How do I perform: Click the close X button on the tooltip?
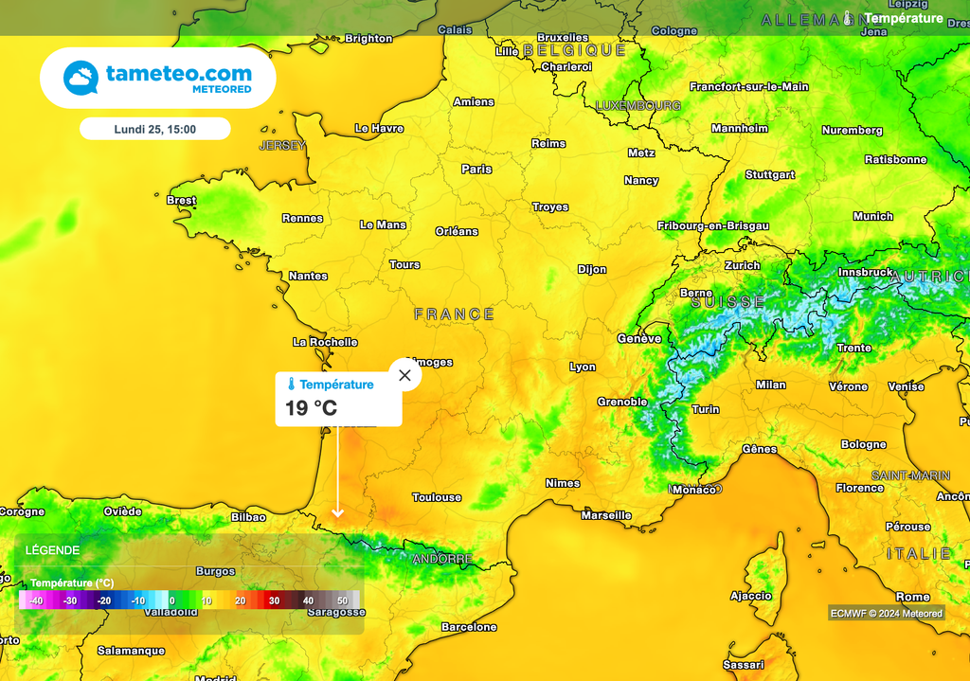click(405, 375)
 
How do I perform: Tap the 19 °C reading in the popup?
click(311, 408)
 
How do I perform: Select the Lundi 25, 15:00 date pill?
click(155, 129)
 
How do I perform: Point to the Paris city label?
click(476, 170)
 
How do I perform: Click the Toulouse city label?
click(437, 497)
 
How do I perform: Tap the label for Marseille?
click(606, 516)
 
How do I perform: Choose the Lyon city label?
click(583, 367)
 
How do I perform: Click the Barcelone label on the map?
click(469, 627)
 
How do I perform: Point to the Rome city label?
click(913, 597)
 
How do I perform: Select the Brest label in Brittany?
click(181, 201)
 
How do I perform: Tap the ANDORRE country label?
click(442, 560)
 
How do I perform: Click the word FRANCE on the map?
click(455, 314)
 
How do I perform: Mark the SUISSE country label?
click(727, 302)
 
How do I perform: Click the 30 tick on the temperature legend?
click(274, 600)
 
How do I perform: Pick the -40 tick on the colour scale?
click(36, 600)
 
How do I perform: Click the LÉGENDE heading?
click(52, 550)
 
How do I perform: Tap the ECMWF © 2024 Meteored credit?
click(887, 613)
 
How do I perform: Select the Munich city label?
click(872, 217)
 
